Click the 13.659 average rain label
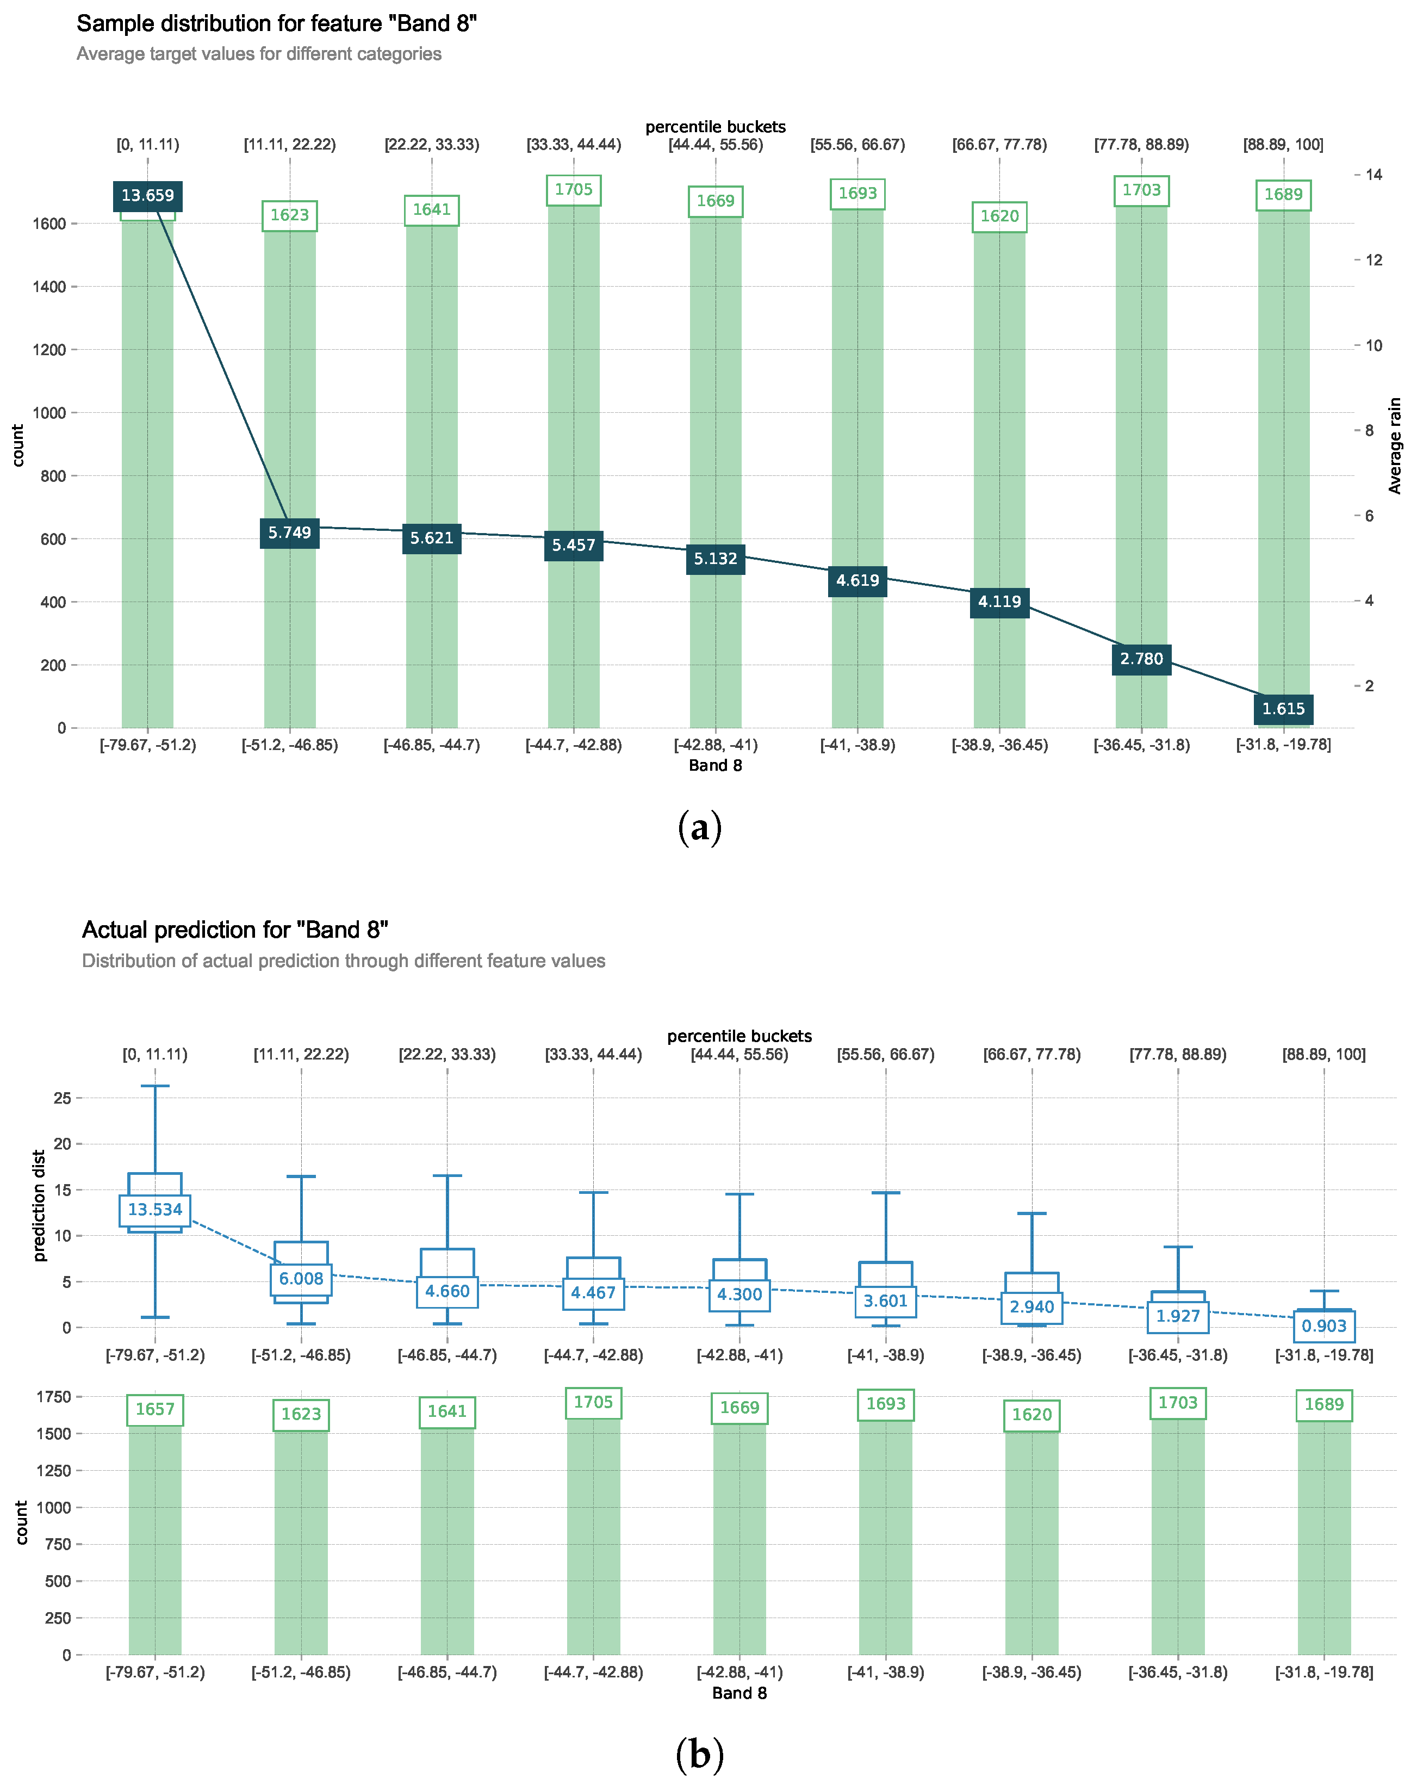[148, 196]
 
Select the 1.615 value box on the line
[1283, 709]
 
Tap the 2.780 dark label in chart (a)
[1141, 659]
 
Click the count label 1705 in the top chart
[573, 190]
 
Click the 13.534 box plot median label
[154, 1210]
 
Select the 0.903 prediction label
[1323, 1326]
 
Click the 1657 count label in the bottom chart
[154, 1410]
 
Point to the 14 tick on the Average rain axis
[1373, 174]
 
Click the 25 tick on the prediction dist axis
[62, 1098]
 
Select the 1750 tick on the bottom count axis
[53, 1397]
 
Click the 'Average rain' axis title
[1395, 445]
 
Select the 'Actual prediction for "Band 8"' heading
[235, 930]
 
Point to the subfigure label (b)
[699, 1754]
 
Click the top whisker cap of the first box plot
[154, 1086]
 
